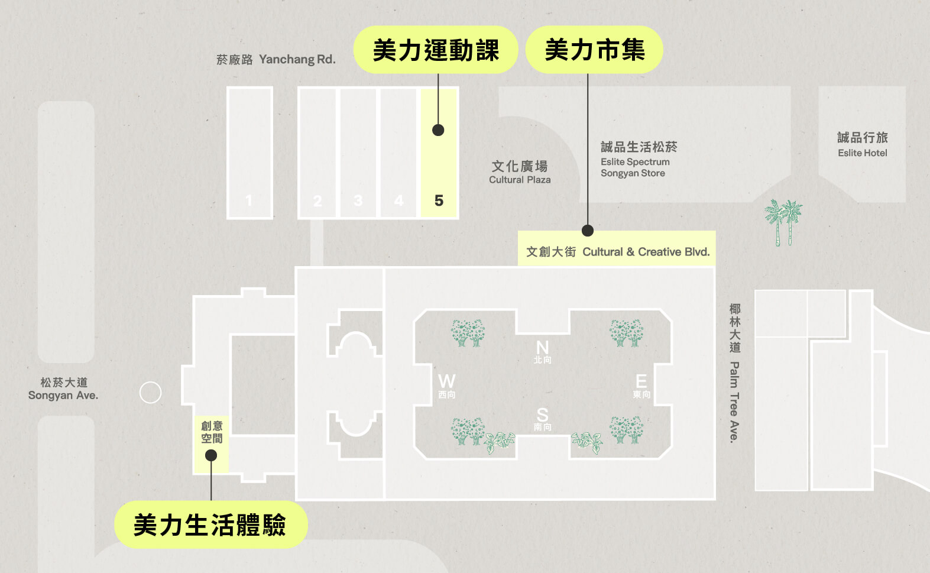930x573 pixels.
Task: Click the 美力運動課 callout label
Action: point(436,50)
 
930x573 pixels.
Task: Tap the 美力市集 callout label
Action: point(594,50)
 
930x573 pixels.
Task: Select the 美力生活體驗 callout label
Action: point(210,525)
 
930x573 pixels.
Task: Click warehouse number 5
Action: point(439,200)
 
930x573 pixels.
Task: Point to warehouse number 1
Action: point(249,200)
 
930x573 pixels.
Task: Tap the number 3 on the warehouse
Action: point(358,200)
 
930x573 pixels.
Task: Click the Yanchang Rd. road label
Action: point(276,59)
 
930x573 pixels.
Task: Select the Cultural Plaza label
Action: point(520,171)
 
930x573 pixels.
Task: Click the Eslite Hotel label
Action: point(862,144)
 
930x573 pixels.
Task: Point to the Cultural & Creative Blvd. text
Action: point(618,252)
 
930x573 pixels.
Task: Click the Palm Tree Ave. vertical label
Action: point(734,374)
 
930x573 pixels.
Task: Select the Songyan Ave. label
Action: point(63,389)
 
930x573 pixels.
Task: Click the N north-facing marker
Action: point(542,351)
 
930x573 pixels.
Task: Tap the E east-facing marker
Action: point(641,386)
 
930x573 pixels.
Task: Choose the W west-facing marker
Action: point(447,386)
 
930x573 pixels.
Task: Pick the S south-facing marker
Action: point(542,419)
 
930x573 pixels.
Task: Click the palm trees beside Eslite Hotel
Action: point(783,222)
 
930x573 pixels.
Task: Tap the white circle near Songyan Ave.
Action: point(150,392)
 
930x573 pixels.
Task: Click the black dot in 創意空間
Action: point(211,455)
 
